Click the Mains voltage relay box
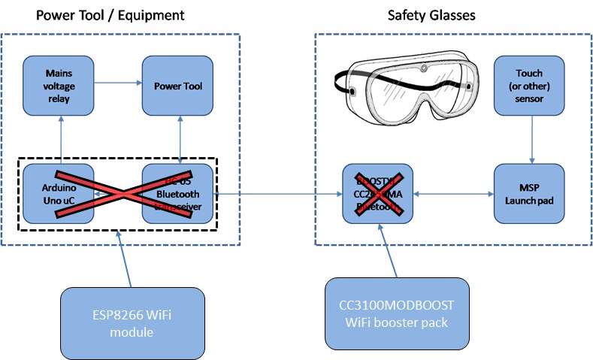[x=58, y=86]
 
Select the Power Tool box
[x=178, y=86]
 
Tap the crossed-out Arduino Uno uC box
[x=58, y=193]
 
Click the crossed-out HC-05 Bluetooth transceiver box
[x=178, y=193]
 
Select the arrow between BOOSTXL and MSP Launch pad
[x=453, y=194]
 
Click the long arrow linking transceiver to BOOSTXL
[x=278, y=194]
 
